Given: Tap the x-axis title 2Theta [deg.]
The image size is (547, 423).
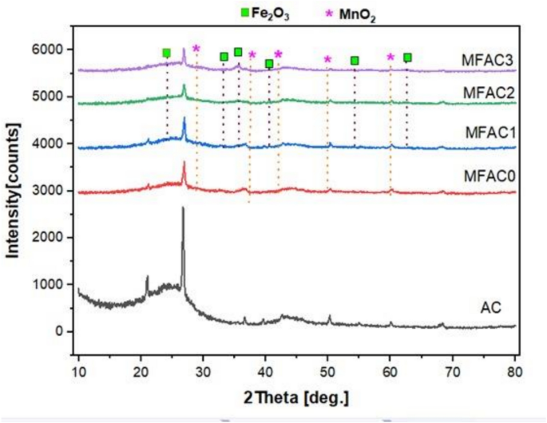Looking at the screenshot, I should pos(297,397).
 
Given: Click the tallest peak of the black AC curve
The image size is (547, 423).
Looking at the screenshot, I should pos(184,208).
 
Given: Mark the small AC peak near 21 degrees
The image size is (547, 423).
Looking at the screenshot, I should pos(147,278).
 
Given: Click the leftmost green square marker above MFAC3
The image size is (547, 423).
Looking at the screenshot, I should pos(166,53).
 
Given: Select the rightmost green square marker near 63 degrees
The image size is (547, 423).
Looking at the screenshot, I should pos(407,57).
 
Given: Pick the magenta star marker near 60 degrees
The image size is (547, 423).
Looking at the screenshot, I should pos(390,57).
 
